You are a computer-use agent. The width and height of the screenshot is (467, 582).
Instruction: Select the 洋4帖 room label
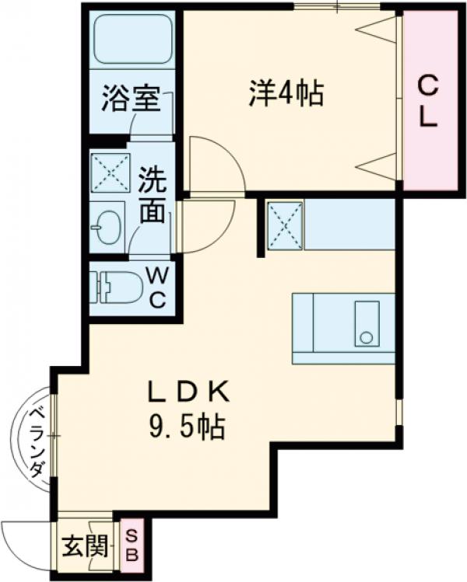coord(286,94)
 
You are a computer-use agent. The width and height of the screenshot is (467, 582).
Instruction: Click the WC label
coord(157,288)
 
